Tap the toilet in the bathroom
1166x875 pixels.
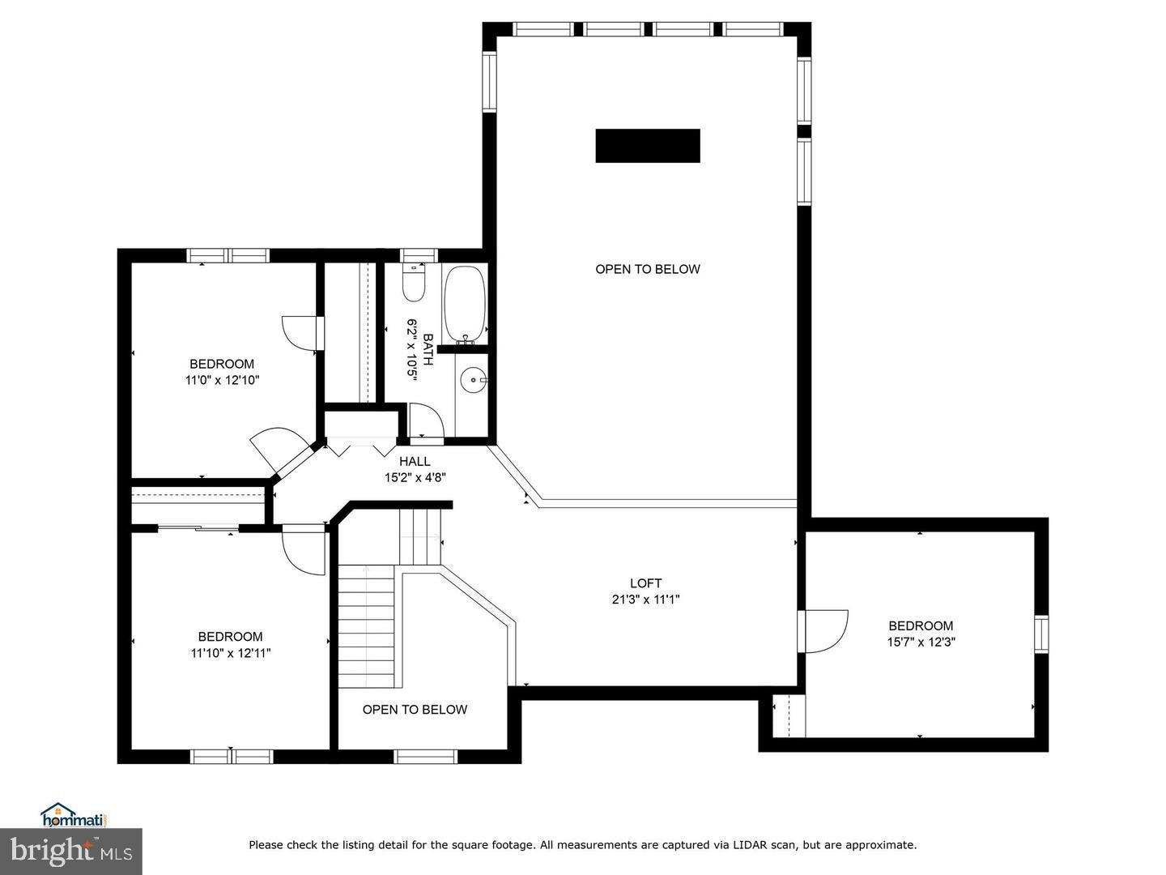(414, 284)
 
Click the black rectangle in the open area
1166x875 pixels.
(648, 146)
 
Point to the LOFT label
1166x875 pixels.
(646, 583)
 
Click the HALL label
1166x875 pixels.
(415, 462)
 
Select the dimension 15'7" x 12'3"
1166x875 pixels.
(921, 642)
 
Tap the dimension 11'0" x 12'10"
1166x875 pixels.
(222, 380)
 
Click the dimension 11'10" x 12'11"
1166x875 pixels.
(231, 653)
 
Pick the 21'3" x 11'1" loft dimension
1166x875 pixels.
(646, 600)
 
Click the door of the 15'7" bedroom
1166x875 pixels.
(824, 631)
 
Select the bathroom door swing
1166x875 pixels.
(425, 420)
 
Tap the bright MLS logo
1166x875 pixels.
(70, 852)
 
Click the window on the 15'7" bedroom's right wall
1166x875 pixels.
(1041, 633)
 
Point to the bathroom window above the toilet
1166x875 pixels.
(419, 255)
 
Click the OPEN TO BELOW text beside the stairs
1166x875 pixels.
(415, 710)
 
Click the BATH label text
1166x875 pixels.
(428, 349)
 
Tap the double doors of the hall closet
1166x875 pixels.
(361, 446)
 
